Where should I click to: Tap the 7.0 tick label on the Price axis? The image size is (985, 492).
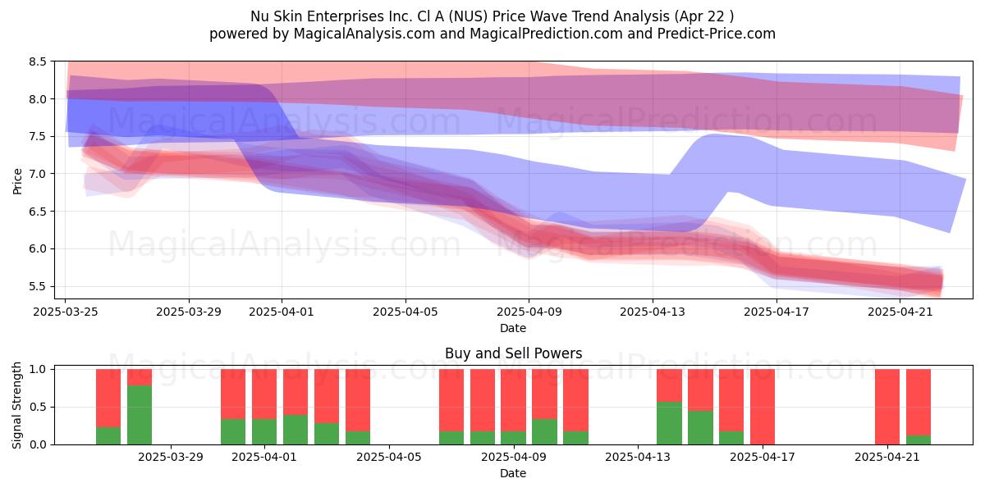(x=38, y=174)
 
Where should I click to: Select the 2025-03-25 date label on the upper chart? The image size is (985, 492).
(x=66, y=312)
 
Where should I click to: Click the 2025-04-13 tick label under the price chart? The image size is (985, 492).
(x=653, y=312)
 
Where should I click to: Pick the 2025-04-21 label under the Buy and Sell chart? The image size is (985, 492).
(x=887, y=458)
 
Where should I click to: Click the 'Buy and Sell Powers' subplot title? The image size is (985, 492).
(x=513, y=353)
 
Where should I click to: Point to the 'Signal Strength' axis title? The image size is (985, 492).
(x=16, y=405)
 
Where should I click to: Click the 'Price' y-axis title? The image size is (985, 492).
(x=17, y=181)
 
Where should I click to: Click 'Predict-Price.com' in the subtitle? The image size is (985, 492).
(x=717, y=34)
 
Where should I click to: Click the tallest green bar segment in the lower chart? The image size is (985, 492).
(x=140, y=415)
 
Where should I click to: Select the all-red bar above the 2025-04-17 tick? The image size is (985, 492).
(x=763, y=407)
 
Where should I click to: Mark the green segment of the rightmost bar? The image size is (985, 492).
(x=919, y=440)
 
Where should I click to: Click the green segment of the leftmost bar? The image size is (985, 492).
(x=108, y=435)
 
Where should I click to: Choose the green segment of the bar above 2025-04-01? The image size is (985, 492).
(x=264, y=432)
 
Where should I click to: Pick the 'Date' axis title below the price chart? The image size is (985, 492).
(x=513, y=328)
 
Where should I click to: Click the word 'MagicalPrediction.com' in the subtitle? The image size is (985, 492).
(x=546, y=34)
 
